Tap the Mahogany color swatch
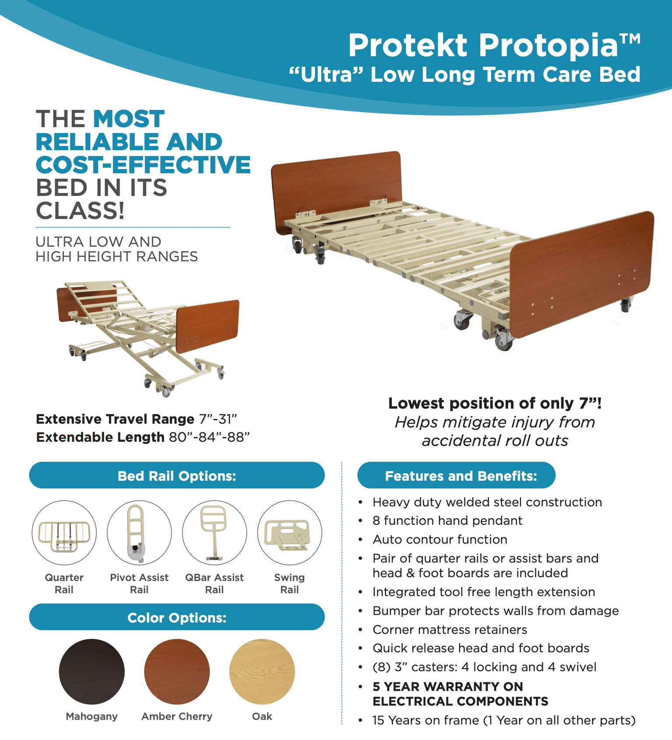pyautogui.click(x=91, y=671)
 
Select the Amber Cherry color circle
pyautogui.click(x=177, y=671)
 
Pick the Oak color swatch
pyautogui.click(x=262, y=671)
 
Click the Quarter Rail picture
pyautogui.click(x=64, y=533)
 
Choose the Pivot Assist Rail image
pyautogui.click(x=139, y=533)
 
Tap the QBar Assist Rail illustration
pyautogui.click(x=214, y=533)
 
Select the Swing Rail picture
pyautogui.click(x=290, y=533)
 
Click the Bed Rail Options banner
pyautogui.click(x=177, y=476)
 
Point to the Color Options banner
pyautogui.click(x=177, y=617)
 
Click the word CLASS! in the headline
pyautogui.click(x=80, y=210)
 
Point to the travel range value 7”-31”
pyautogui.click(x=218, y=419)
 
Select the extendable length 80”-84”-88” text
pyautogui.click(x=209, y=437)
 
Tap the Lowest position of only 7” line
pyautogui.click(x=495, y=403)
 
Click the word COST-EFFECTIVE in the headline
pyautogui.click(x=143, y=165)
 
